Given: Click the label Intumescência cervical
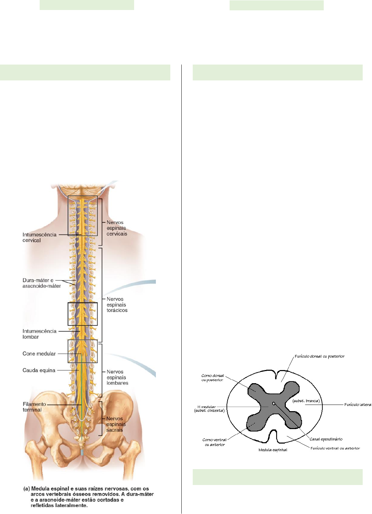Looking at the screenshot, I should pos(39,237).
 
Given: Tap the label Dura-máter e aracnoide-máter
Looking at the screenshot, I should pos(41,283).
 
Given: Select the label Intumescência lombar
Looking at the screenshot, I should pos(39,334).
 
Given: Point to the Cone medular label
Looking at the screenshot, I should pos(39,353).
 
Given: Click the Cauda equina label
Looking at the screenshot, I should pos(39,370).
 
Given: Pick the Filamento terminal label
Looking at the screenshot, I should pos(34,407).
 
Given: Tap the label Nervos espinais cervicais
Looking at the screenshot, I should pos(117,228).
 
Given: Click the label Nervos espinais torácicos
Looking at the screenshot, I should pos(117,305).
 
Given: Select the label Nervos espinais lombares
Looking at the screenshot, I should pos(117,377).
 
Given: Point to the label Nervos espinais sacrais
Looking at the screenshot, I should pos(116,424).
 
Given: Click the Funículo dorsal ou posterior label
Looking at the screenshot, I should pos(319,356).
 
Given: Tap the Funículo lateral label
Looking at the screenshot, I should pos(358,405).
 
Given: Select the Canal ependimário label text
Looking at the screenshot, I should pos(326,439).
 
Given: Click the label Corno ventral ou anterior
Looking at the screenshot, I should pos(214,442).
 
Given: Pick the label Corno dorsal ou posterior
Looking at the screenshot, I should pos(212,378).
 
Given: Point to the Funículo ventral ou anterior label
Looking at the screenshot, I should pos(335,448).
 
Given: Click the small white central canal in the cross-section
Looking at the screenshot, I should pos(274,403).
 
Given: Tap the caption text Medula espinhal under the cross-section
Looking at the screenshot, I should pos(273,450).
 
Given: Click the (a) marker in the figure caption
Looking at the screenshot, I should pos(26,489).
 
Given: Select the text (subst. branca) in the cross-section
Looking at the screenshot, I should pos(306,401).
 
